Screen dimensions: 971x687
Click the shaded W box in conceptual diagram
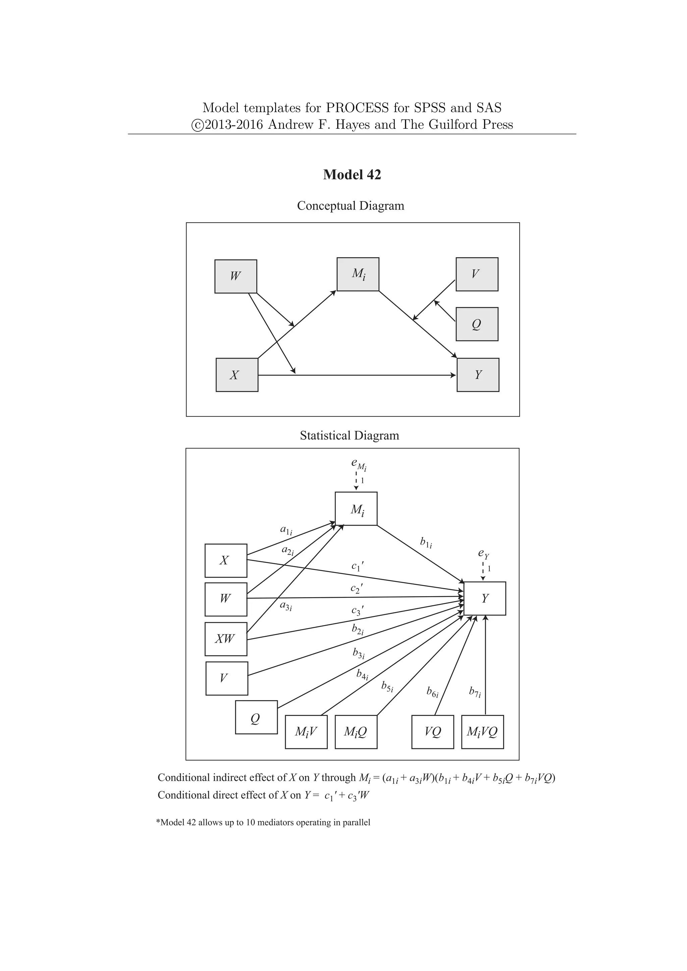(235, 276)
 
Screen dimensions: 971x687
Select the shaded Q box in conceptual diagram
(477, 324)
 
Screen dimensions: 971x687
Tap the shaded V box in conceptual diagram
(477, 274)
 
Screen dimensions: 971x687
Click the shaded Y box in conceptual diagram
(478, 375)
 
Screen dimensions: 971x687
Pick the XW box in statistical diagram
(225, 639)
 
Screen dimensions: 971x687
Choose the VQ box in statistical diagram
(432, 732)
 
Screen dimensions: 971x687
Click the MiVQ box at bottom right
(482, 732)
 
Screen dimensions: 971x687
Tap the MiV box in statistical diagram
(306, 732)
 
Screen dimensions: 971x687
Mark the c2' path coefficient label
(357, 588)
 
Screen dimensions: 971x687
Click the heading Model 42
(352, 175)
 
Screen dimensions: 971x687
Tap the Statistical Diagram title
(350, 436)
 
